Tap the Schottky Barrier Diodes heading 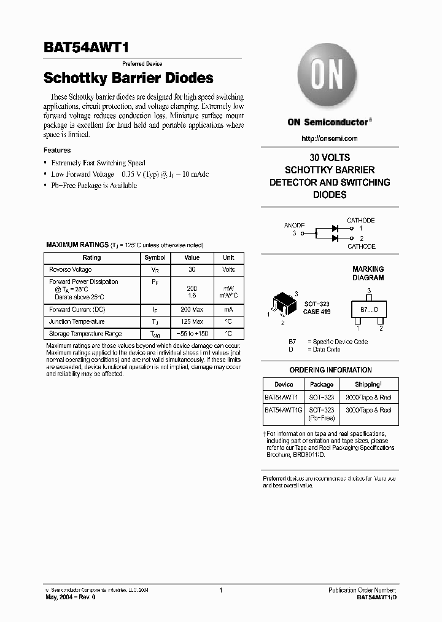pyautogui.click(x=128, y=78)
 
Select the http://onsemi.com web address pyautogui.click(x=330, y=138)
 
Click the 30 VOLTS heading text pyautogui.click(x=330, y=157)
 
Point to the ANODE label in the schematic pyautogui.click(x=294, y=226)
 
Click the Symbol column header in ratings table pyautogui.click(x=154, y=258)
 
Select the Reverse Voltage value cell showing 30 pyautogui.click(x=192, y=270)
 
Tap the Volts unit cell pyautogui.click(x=228, y=270)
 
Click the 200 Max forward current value pyautogui.click(x=192, y=310)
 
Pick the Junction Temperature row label pyautogui.click(x=77, y=321)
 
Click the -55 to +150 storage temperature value pyautogui.click(x=192, y=334)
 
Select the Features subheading pyautogui.click(x=57, y=150)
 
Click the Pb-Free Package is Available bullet pyautogui.click(x=94, y=186)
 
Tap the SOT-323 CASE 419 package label pyautogui.click(x=316, y=308)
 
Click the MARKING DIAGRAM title pyautogui.click(x=368, y=274)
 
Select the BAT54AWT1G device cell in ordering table pyautogui.click(x=284, y=410)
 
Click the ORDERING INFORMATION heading pyautogui.click(x=330, y=370)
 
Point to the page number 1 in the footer pyautogui.click(x=220, y=590)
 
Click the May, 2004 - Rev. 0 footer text pyautogui.click(x=71, y=597)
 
